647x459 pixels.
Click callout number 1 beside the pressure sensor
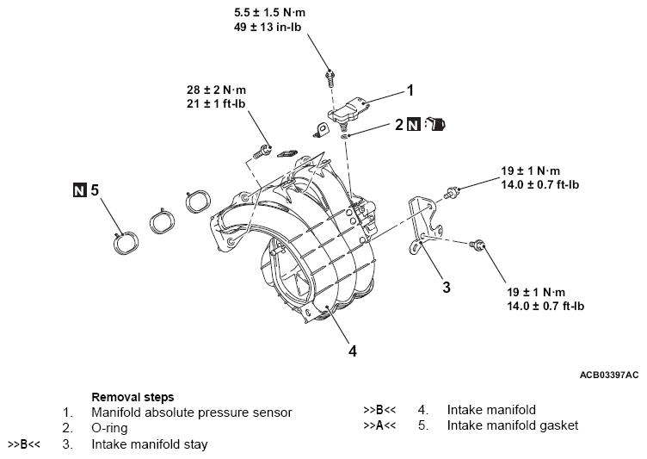point(410,90)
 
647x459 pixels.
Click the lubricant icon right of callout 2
point(438,125)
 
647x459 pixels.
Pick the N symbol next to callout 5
point(81,189)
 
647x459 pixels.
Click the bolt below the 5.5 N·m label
point(330,78)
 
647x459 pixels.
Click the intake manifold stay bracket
point(424,226)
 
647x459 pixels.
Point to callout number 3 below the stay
point(447,287)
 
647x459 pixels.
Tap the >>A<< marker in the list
point(380,425)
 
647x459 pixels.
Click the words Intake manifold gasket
point(513,425)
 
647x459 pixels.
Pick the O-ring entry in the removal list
point(111,428)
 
